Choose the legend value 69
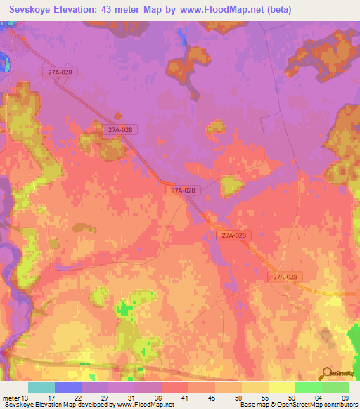(x=345, y=398)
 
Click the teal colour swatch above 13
(x=41, y=387)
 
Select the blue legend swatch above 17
(x=68, y=387)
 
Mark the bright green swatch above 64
(x=309, y=387)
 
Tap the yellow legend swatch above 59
(x=282, y=387)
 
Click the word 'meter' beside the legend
(x=10, y=398)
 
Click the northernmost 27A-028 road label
(x=60, y=72)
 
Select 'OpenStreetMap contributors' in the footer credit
(x=321, y=405)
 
